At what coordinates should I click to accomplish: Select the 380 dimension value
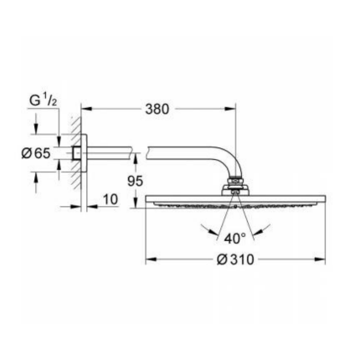pyautogui.click(x=157, y=109)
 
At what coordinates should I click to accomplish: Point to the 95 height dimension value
pyautogui.click(x=135, y=180)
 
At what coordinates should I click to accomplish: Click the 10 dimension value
pyautogui.click(x=110, y=199)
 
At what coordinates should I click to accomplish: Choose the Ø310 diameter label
pyautogui.click(x=235, y=260)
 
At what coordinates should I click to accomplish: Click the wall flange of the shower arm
pyautogui.click(x=77, y=154)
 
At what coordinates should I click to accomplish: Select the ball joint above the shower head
pyautogui.click(x=235, y=188)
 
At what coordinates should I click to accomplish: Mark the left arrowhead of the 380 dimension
pyautogui.click(x=85, y=109)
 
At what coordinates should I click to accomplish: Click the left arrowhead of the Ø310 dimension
pyautogui.click(x=150, y=260)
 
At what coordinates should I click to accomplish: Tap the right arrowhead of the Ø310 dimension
pyautogui.click(x=321, y=260)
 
